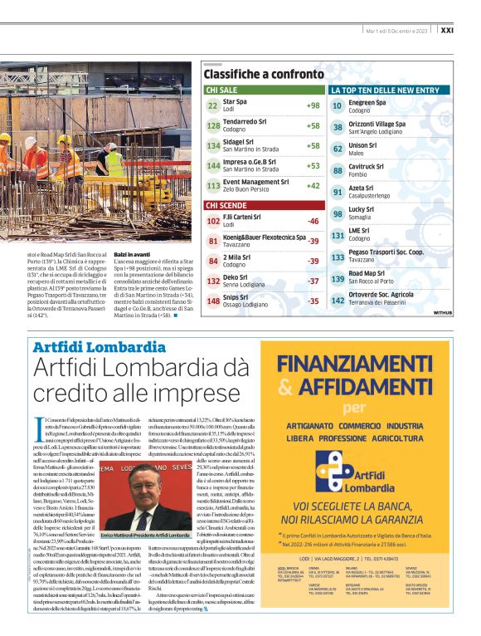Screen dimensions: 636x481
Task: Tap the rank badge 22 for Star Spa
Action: click(212, 105)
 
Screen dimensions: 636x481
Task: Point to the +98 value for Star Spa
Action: click(313, 105)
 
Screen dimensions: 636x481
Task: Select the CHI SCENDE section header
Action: click(226, 205)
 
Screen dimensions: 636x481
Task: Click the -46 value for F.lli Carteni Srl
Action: click(313, 221)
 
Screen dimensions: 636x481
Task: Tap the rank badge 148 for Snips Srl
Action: click(212, 301)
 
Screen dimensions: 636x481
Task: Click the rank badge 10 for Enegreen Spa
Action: click(338, 105)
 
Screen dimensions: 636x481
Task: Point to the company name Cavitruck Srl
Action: click(370, 166)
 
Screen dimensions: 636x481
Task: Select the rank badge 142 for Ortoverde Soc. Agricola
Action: click(338, 300)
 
